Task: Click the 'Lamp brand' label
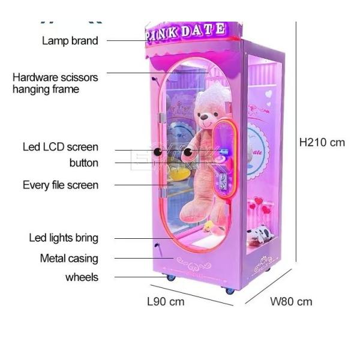[70, 41]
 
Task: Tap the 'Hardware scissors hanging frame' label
[55, 83]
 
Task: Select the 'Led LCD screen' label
[61, 147]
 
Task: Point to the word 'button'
[84, 163]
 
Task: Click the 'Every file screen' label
[60, 185]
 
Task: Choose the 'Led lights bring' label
[64, 238]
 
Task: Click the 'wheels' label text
[82, 277]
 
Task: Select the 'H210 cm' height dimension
[323, 142]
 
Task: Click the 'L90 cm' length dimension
[166, 301]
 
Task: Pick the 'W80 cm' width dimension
[292, 301]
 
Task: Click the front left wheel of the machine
[170, 278]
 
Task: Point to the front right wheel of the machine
[230, 291]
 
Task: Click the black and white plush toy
[262, 235]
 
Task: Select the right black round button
[187, 152]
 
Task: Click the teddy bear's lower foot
[190, 211]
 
